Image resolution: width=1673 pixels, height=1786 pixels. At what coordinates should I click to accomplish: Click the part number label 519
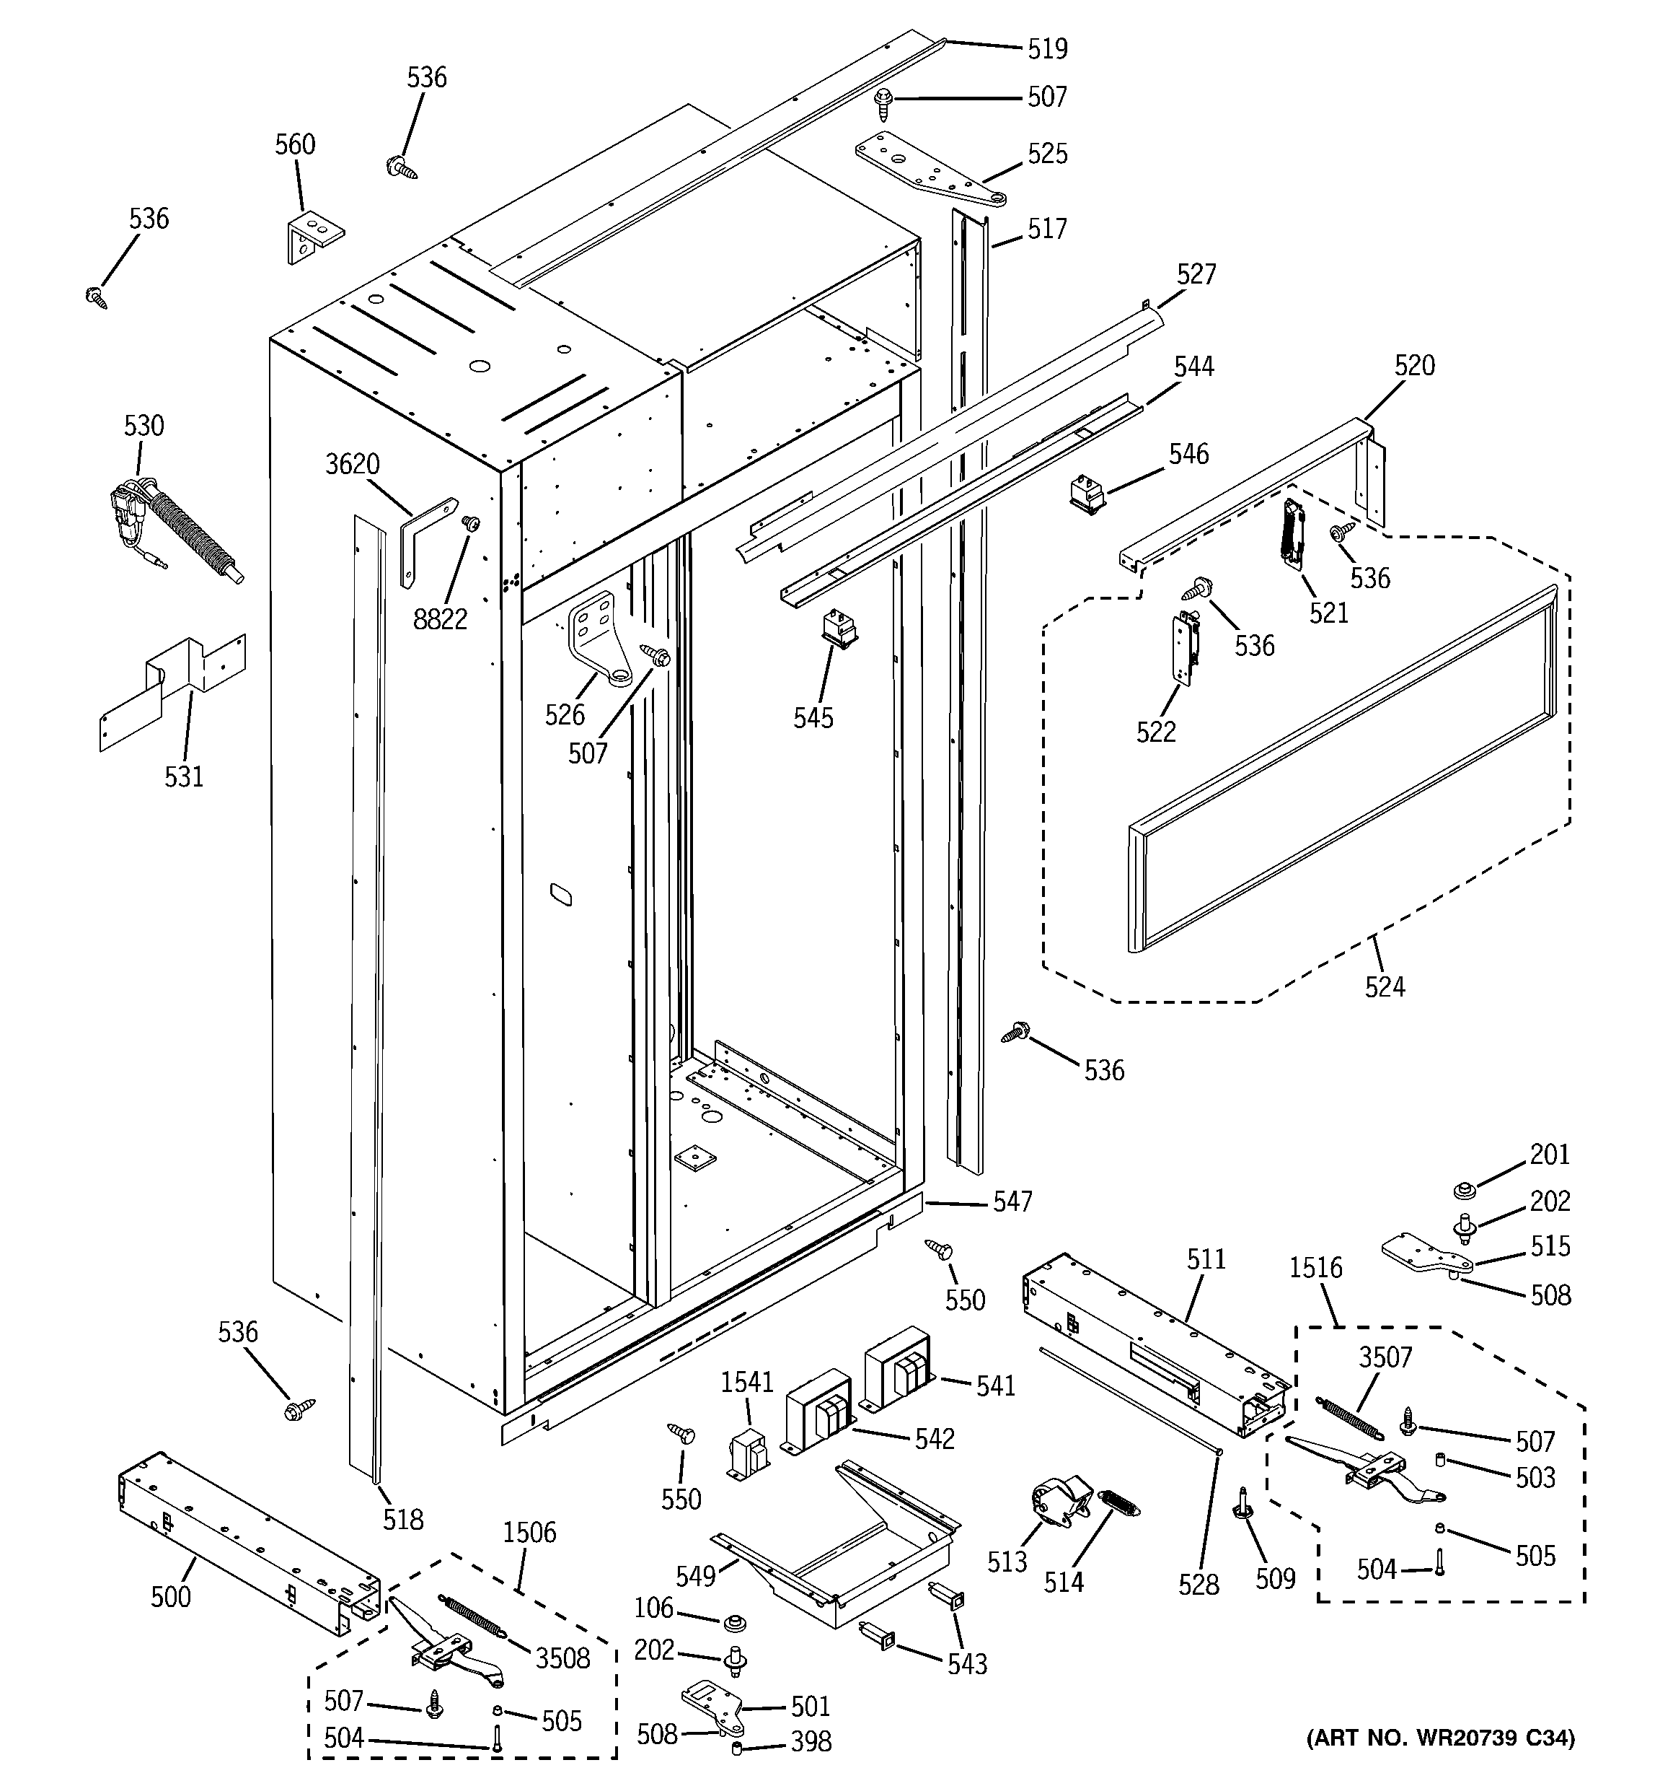pyautogui.click(x=1047, y=48)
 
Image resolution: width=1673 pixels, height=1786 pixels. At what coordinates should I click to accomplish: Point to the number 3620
pyautogui.click(x=352, y=465)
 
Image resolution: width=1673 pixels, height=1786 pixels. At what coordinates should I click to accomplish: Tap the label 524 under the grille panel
pyautogui.click(x=1384, y=987)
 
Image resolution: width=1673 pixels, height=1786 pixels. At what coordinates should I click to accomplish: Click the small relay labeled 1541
pyautogui.click(x=748, y=1456)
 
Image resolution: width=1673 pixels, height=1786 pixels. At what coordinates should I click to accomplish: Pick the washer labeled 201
pyautogui.click(x=1467, y=1191)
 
